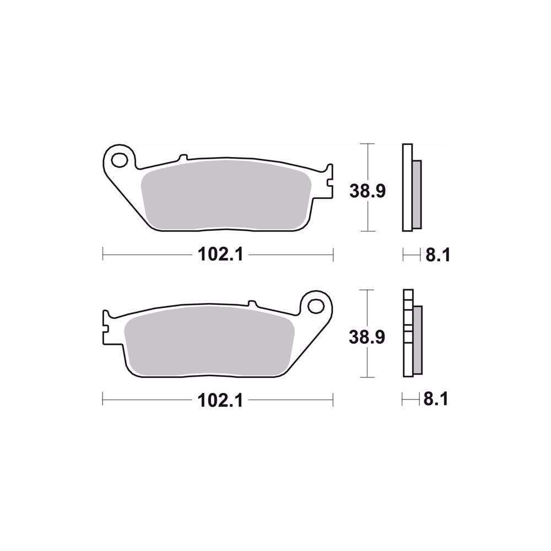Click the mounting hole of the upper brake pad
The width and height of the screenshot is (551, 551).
(x=118, y=160)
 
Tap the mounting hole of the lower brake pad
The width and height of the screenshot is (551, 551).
(x=316, y=305)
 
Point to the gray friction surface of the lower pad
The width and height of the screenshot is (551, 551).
(x=209, y=342)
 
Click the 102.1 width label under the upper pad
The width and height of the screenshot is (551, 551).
(x=218, y=255)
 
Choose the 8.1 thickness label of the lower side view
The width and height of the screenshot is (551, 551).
(x=435, y=400)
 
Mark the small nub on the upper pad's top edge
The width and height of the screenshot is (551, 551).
(x=184, y=157)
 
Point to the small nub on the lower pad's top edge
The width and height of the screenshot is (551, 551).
(x=252, y=303)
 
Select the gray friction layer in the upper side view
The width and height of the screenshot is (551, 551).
(x=417, y=194)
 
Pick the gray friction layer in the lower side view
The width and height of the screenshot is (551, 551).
(x=417, y=339)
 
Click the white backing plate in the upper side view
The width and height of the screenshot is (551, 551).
(x=407, y=187)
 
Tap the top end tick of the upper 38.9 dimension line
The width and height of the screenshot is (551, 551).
(x=367, y=144)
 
